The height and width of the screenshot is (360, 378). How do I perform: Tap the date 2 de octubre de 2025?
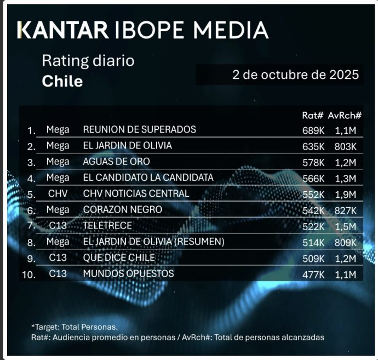coord(295,75)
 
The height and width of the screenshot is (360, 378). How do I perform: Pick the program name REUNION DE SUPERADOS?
coord(139,130)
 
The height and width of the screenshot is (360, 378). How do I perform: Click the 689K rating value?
coord(313,130)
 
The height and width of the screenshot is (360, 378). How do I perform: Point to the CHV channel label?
coord(58,193)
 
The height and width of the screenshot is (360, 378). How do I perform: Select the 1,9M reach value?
coord(346,194)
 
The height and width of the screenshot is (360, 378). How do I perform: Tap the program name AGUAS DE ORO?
coord(116,162)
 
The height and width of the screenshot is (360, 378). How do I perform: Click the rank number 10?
coord(30,275)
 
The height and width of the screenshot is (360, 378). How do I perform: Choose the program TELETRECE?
coord(108,226)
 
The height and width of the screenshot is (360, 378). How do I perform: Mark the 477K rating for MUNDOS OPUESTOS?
coord(313,273)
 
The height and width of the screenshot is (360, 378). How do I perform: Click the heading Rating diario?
coord(88,60)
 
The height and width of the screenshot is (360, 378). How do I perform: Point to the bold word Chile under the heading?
coord(62,82)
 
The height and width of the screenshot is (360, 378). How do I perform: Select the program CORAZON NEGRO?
coord(122,210)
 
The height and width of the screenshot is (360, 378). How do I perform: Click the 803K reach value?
coord(345,146)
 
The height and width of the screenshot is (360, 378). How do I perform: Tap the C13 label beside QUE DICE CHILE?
coord(58,258)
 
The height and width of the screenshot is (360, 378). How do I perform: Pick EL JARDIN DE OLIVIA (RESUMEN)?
coord(154,242)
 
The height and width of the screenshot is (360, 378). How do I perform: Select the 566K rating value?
coord(313,178)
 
